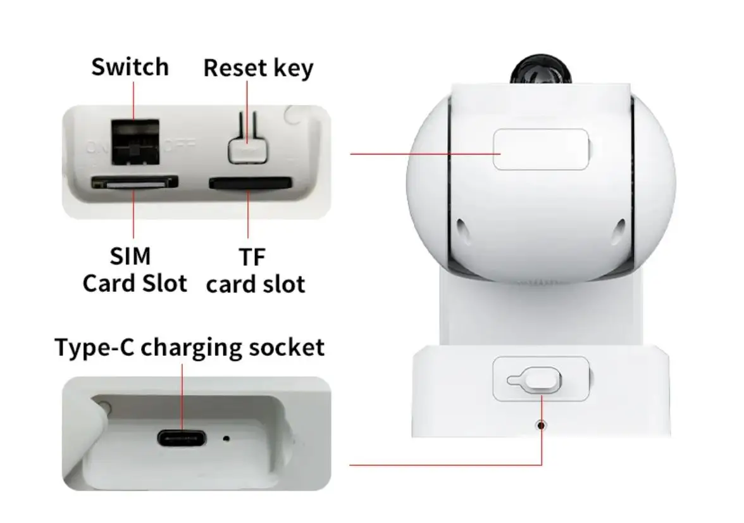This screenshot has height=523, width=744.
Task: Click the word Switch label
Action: [130, 66]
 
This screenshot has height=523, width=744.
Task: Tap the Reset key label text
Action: [258, 68]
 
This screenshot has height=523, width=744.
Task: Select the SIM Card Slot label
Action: [135, 270]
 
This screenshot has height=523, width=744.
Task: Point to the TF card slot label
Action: [255, 270]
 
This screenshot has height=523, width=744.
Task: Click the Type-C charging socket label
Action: [189, 348]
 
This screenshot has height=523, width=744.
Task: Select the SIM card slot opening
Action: [134, 184]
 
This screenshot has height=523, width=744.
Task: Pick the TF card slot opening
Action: [250, 184]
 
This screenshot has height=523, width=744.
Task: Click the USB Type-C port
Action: [182, 438]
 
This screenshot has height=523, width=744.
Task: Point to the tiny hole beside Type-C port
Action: [226, 438]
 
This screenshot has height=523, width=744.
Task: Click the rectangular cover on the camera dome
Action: [540, 149]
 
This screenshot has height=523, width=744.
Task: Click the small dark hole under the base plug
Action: [540, 425]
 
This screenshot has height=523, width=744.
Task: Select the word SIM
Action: [130, 256]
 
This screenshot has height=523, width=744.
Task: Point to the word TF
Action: [252, 258]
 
